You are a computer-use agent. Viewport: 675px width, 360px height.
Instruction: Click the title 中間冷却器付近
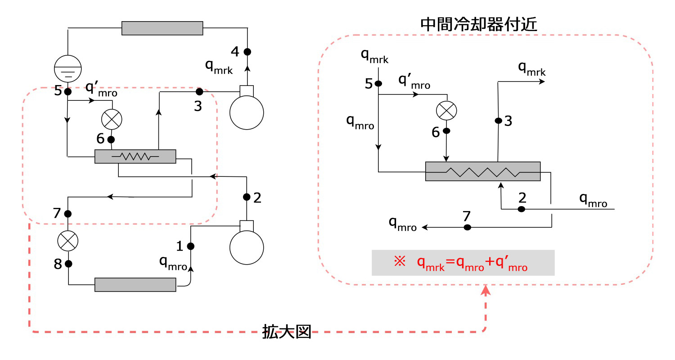(478, 24)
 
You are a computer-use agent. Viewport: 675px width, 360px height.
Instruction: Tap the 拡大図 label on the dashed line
(287, 333)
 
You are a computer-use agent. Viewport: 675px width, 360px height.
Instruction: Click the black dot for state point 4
(247, 52)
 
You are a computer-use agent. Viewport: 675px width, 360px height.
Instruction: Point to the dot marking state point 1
(190, 246)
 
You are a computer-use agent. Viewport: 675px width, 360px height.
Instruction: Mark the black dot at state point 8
(68, 264)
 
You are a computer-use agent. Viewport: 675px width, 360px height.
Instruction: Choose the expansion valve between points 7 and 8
(68, 241)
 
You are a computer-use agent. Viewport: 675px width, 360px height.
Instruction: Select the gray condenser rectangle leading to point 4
(162, 28)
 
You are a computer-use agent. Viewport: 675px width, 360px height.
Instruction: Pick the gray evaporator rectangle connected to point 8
(135, 285)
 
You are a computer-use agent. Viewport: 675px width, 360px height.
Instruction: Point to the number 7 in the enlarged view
(467, 216)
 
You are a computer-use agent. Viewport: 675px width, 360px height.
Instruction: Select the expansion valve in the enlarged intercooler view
(446, 110)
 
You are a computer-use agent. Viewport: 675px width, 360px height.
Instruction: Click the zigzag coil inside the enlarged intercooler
(482, 171)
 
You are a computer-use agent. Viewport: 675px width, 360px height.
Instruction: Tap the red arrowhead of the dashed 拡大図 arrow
(486, 291)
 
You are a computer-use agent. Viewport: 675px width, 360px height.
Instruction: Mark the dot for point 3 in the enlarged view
(498, 121)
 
